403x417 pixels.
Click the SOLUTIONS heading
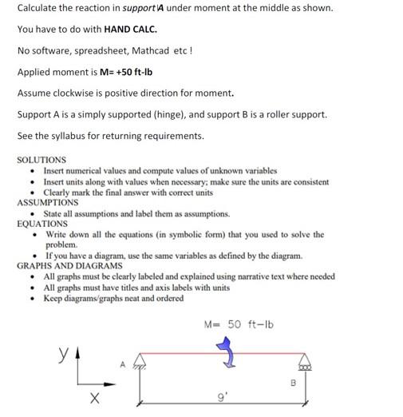pos(41,160)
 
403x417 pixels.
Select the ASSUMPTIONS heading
pos(47,203)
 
